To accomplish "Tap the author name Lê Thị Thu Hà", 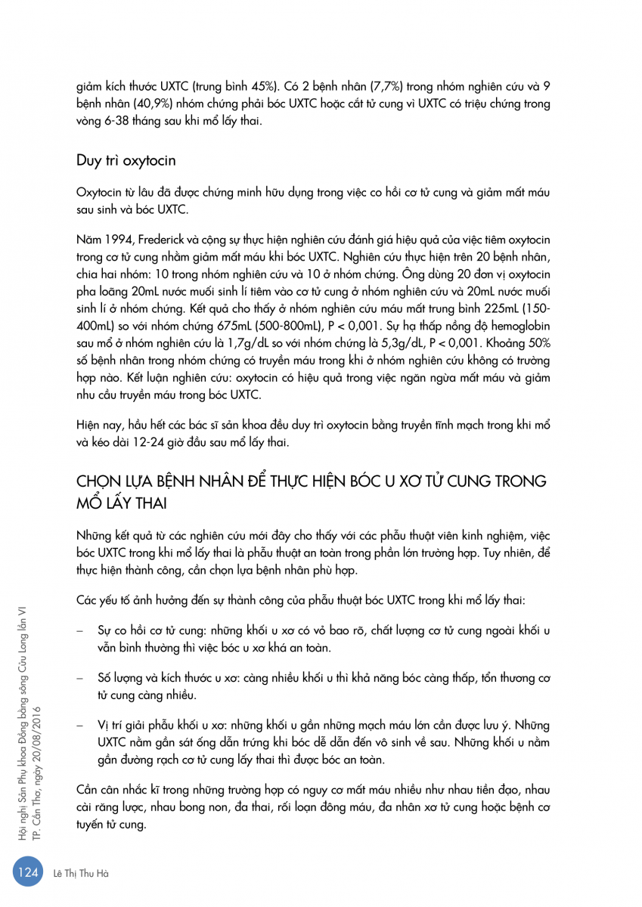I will click(82, 873).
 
